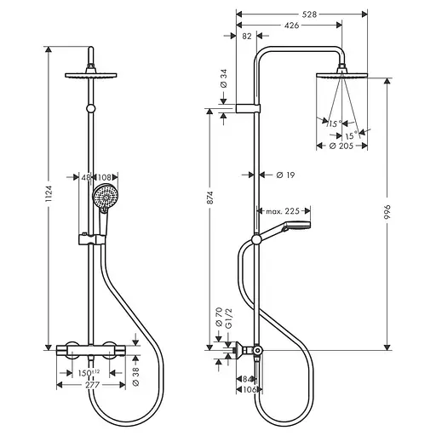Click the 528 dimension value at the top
point(309,14)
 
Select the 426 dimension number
point(292,26)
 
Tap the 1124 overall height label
point(49,193)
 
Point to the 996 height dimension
point(387,212)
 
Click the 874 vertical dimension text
point(209,198)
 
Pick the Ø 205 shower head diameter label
point(341,146)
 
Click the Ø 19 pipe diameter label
point(285,175)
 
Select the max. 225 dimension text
point(283,211)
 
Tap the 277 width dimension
point(93,385)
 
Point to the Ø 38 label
point(136,376)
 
